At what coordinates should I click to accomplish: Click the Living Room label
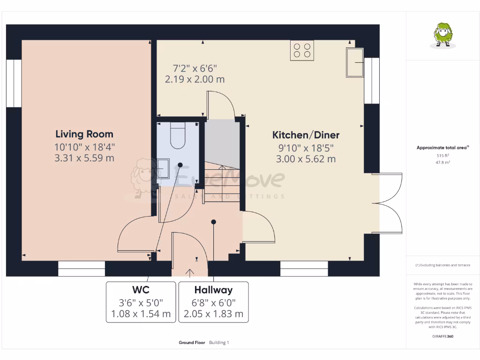(x=84, y=134)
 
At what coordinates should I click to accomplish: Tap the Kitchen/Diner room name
(x=306, y=135)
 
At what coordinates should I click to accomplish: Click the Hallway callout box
(x=213, y=302)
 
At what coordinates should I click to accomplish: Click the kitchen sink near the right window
(x=355, y=62)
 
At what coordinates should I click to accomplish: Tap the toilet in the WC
(x=178, y=135)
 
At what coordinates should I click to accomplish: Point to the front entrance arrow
(x=190, y=272)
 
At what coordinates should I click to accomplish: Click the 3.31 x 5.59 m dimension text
(x=84, y=158)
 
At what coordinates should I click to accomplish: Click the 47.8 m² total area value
(x=443, y=162)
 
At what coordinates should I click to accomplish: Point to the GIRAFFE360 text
(x=443, y=336)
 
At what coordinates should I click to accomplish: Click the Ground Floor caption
(x=192, y=343)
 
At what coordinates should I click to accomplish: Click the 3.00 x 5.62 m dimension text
(x=306, y=159)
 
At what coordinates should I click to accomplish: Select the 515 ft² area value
(x=443, y=155)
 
